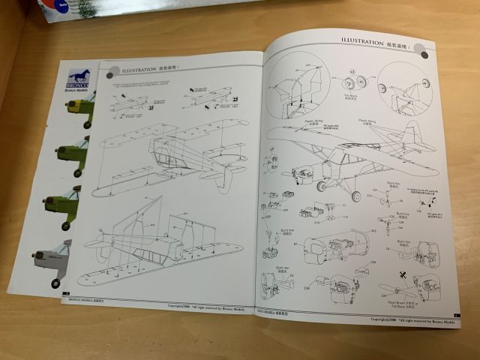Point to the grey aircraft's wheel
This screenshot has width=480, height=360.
(56, 283)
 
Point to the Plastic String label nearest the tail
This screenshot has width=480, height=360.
(369, 121)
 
